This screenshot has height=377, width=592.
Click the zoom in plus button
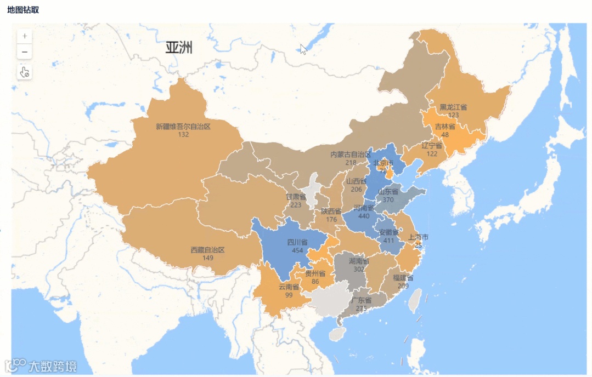point(24,36)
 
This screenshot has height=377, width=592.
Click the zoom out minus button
point(24,53)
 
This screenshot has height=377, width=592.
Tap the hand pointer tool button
point(24,72)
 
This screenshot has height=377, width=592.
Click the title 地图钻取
point(23,10)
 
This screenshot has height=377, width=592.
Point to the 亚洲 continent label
point(179,48)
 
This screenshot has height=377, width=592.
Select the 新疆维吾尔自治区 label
point(183,127)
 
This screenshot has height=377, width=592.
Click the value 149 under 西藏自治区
point(207,258)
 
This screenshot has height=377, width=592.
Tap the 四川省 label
point(297,242)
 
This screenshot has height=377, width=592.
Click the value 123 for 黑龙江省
point(453,115)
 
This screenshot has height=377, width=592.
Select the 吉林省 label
point(445,127)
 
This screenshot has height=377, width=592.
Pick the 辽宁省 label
point(432,146)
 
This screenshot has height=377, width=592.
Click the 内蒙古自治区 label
point(351,155)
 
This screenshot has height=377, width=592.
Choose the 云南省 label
point(289,287)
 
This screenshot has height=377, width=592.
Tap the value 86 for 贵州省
point(315,282)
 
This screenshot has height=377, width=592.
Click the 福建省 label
point(403,278)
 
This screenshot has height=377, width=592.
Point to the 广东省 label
point(361,300)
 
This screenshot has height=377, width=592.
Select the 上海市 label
point(418,237)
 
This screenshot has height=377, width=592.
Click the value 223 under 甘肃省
point(296,205)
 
